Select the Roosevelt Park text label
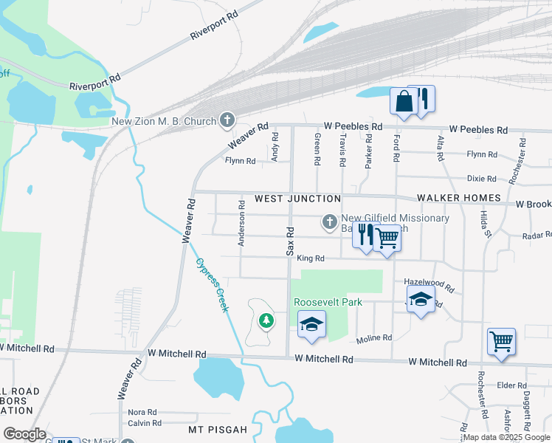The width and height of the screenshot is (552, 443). click(x=328, y=303)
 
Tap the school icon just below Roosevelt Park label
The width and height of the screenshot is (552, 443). click(x=311, y=325)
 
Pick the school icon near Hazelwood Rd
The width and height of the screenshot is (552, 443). click(x=421, y=300)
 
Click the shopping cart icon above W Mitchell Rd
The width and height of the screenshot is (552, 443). click(x=501, y=342)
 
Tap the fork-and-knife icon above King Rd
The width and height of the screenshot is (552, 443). click(x=365, y=235)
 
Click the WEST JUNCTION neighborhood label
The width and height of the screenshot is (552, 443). click(x=297, y=199)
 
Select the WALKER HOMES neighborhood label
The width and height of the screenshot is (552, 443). click(x=458, y=199)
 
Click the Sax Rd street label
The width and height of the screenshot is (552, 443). click(x=290, y=241)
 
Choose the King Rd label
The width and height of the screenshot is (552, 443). click(x=311, y=258)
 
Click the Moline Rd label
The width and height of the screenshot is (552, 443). click(x=373, y=339)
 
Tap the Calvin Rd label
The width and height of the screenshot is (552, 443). click(x=145, y=423)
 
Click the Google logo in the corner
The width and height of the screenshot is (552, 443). click(x=24, y=434)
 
